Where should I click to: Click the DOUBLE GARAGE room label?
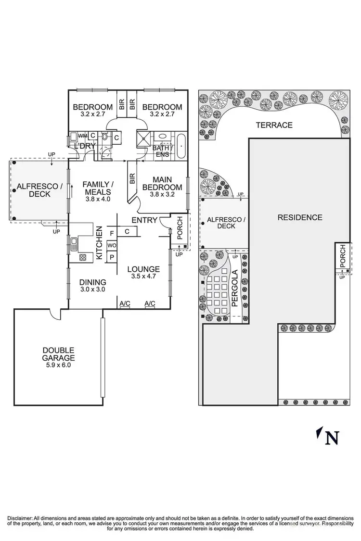click(x=58, y=354)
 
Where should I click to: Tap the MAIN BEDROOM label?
click(x=162, y=183)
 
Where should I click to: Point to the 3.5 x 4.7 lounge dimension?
click(x=143, y=277)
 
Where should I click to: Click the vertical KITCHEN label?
click(x=100, y=243)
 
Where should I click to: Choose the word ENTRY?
click(x=144, y=220)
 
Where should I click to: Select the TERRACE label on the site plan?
click(x=274, y=125)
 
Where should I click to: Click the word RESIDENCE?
click(x=300, y=217)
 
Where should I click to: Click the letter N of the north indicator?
click(x=332, y=438)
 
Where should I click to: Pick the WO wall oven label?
click(x=112, y=245)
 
